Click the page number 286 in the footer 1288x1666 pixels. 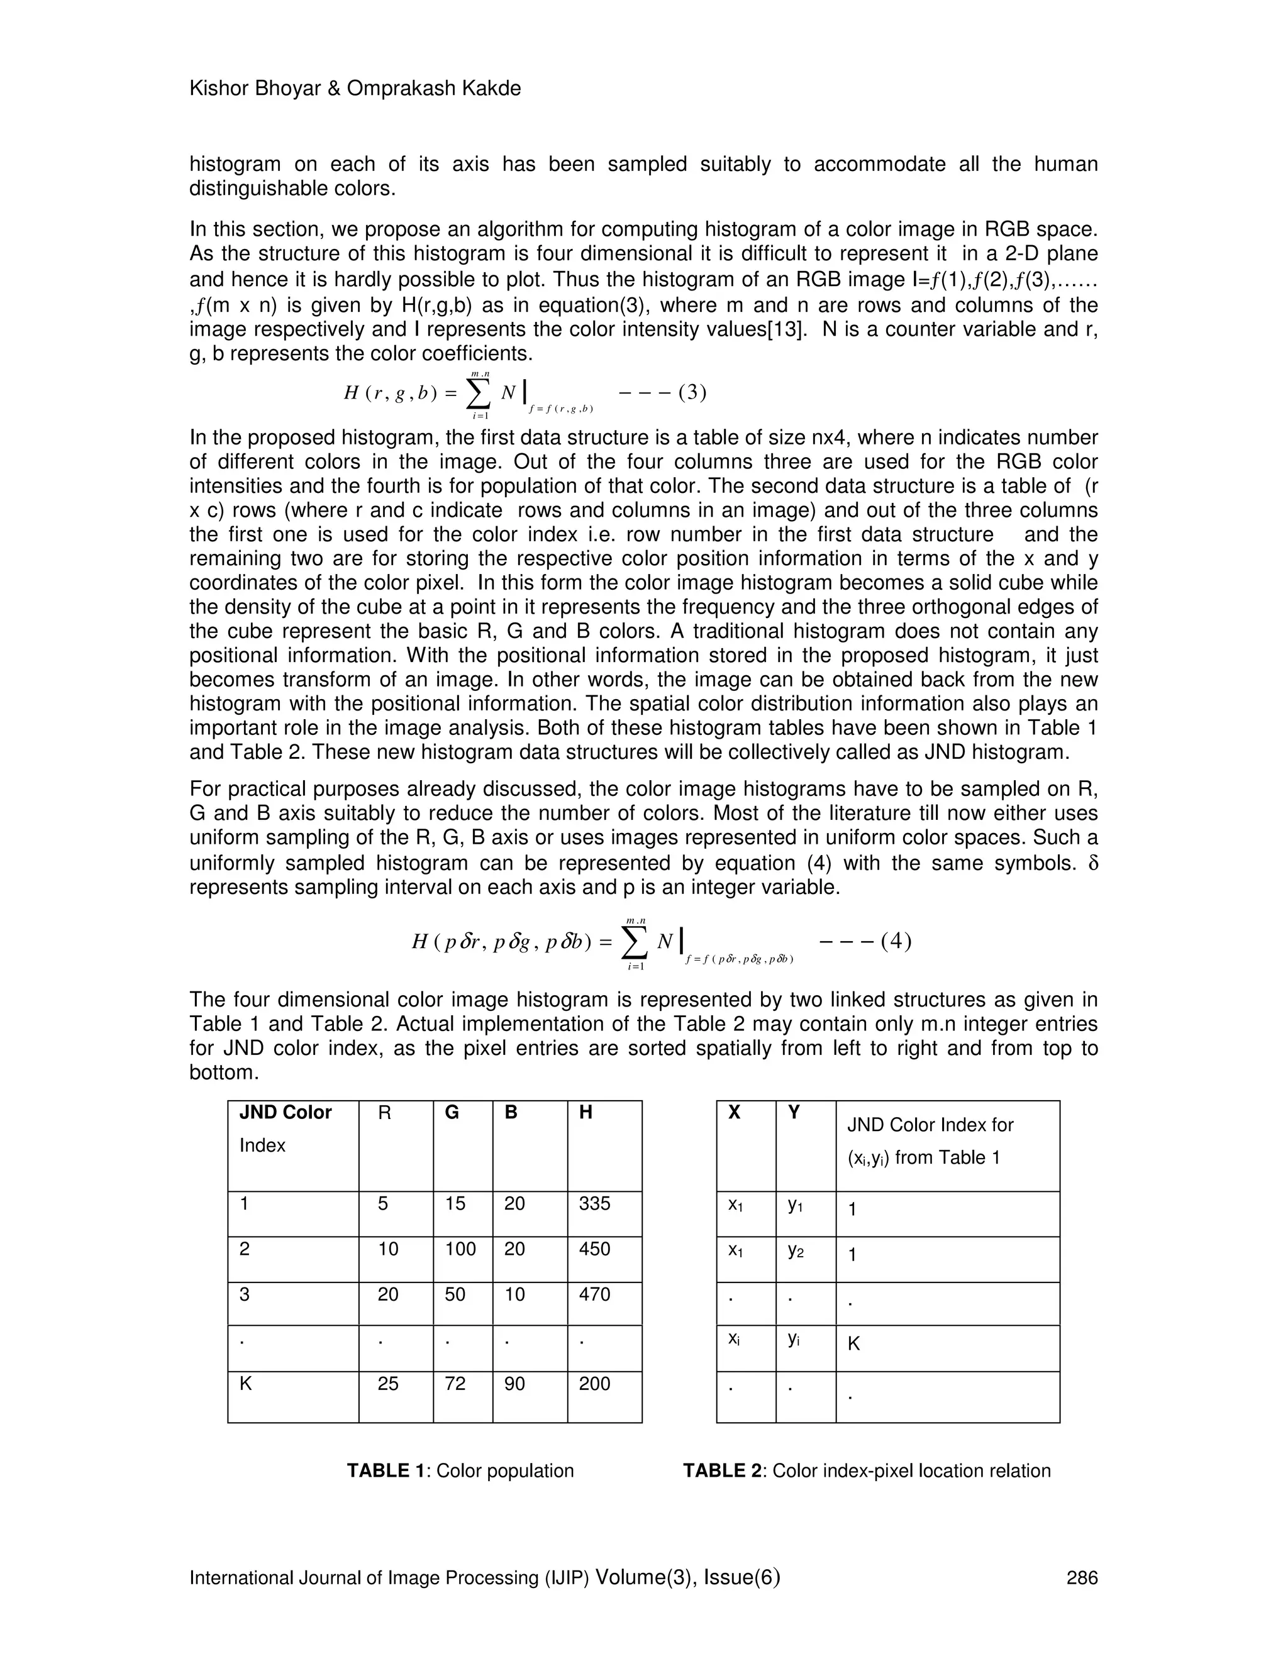1081,1577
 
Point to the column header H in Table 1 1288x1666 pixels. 586,1112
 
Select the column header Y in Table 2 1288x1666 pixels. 794,1112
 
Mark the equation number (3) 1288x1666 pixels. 691,392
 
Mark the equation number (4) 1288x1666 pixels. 895,941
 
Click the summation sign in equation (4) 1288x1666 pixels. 633,942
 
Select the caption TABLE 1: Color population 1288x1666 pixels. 460,1470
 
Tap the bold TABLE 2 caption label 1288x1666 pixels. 723,1470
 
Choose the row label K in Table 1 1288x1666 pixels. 246,1383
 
